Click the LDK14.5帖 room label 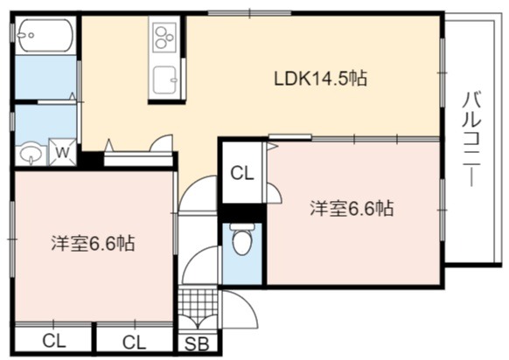(321, 79)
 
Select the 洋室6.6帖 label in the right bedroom (352, 209)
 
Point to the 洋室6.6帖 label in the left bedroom (93, 243)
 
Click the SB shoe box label (197, 344)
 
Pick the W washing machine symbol (63, 152)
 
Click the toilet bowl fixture (241, 239)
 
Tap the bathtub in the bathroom (45, 35)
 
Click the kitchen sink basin (164, 80)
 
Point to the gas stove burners (164, 38)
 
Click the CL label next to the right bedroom (242, 174)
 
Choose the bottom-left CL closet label (54, 341)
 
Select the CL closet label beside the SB (134, 343)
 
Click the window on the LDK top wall (249, 13)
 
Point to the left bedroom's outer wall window (12, 239)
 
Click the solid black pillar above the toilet (242, 213)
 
